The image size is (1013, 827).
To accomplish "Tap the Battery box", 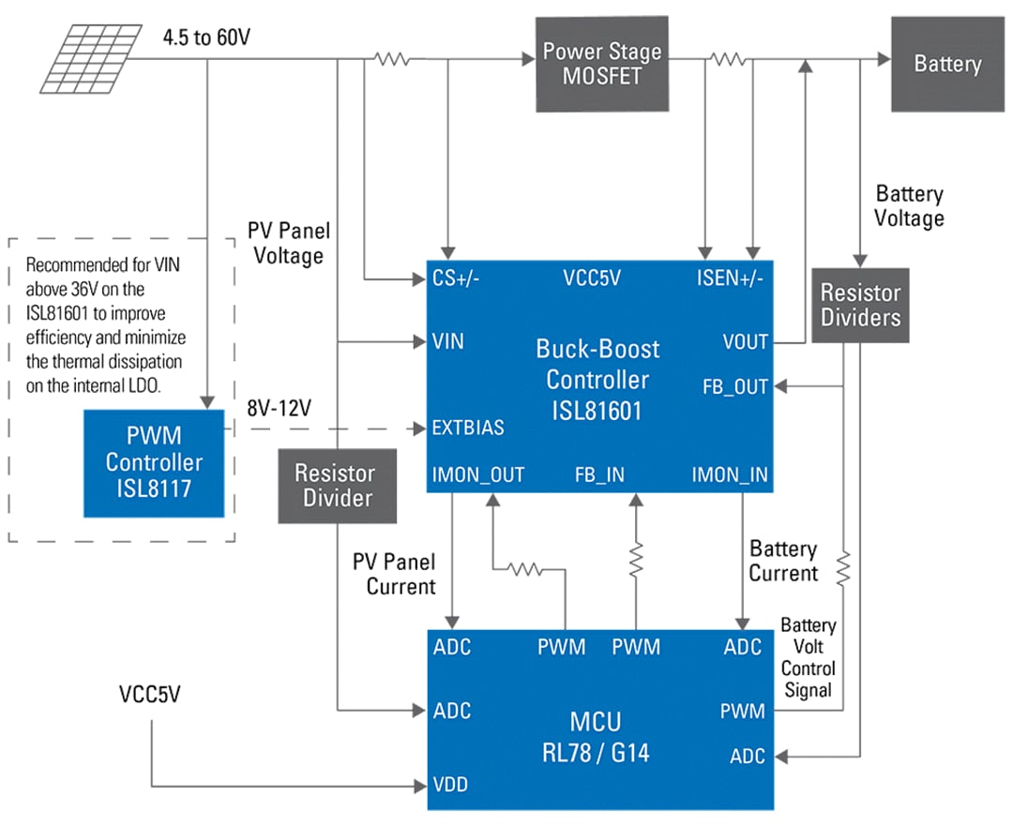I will [x=946, y=64].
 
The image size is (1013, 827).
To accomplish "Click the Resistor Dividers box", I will [x=860, y=305].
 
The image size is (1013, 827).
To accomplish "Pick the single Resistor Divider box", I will [x=336, y=485].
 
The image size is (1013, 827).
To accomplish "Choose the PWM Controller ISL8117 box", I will [x=154, y=462].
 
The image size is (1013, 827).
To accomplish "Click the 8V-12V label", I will [x=278, y=409].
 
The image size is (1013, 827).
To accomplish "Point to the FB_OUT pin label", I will [x=736, y=386].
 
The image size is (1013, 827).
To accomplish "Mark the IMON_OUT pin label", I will [x=478, y=474].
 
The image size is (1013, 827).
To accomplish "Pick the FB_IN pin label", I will [x=599, y=474].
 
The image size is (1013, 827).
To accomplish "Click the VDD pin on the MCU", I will [x=450, y=785].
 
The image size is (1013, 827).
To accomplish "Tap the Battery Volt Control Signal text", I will [x=808, y=657].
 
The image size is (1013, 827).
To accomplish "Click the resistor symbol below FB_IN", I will [x=636, y=560].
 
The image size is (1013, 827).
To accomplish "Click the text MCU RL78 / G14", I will [x=597, y=737].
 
